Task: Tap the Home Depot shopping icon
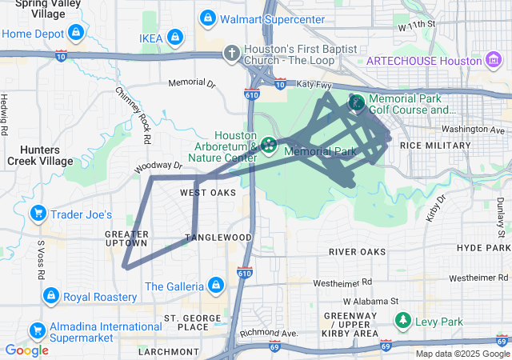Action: [x=75, y=33]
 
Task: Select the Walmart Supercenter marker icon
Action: [x=207, y=18]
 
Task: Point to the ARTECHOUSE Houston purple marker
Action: [x=494, y=61]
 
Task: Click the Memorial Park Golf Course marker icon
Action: [x=357, y=102]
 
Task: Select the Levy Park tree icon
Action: [x=404, y=321]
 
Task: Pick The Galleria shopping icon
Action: [x=215, y=286]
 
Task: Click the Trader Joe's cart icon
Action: [x=38, y=214]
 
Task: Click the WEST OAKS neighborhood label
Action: [x=208, y=193]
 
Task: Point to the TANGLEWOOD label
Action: [x=218, y=238]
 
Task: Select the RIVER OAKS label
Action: [x=357, y=251]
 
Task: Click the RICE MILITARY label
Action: [x=435, y=146]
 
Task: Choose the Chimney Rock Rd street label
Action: [x=134, y=116]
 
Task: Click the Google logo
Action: [x=26, y=350]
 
